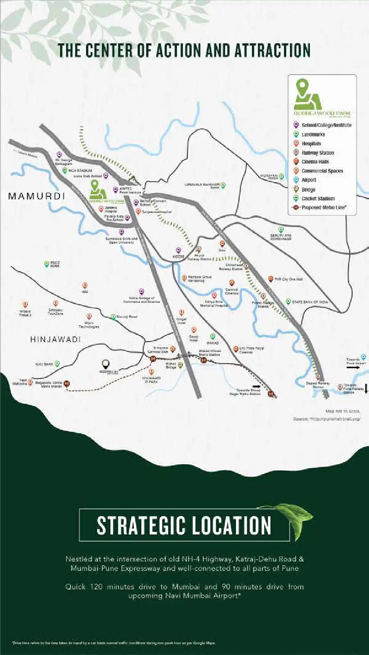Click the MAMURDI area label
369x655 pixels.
pyautogui.click(x=37, y=196)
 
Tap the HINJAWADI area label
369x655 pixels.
pyautogui.click(x=56, y=339)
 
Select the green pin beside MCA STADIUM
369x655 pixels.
pyautogui.click(x=65, y=170)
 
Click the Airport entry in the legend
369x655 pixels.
pyautogui.click(x=309, y=180)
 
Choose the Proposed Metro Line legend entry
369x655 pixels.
pyautogui.click(x=323, y=207)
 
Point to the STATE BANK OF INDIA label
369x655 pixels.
pyautogui.click(x=310, y=302)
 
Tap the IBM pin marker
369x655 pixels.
pyautogui.click(x=85, y=285)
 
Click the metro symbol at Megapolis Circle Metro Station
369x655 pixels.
pyautogui.click(x=67, y=384)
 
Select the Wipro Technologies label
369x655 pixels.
pyautogui.click(x=89, y=325)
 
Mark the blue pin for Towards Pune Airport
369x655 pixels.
pyautogui.click(x=363, y=358)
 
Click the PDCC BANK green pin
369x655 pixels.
pyautogui.click(x=47, y=264)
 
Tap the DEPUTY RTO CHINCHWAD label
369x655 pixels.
pyautogui.click(x=280, y=237)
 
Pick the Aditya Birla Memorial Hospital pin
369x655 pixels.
pyautogui.click(x=214, y=295)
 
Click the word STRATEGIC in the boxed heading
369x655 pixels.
pyautogui.click(x=139, y=526)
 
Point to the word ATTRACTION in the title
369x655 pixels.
pyautogui.click(x=272, y=50)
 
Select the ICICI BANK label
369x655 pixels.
pyautogui.click(x=44, y=364)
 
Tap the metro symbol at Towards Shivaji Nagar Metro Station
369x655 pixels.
pyautogui.click(x=271, y=394)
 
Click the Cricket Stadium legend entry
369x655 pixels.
pyautogui.click(x=318, y=198)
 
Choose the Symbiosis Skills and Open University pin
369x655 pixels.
pyautogui.click(x=121, y=233)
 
